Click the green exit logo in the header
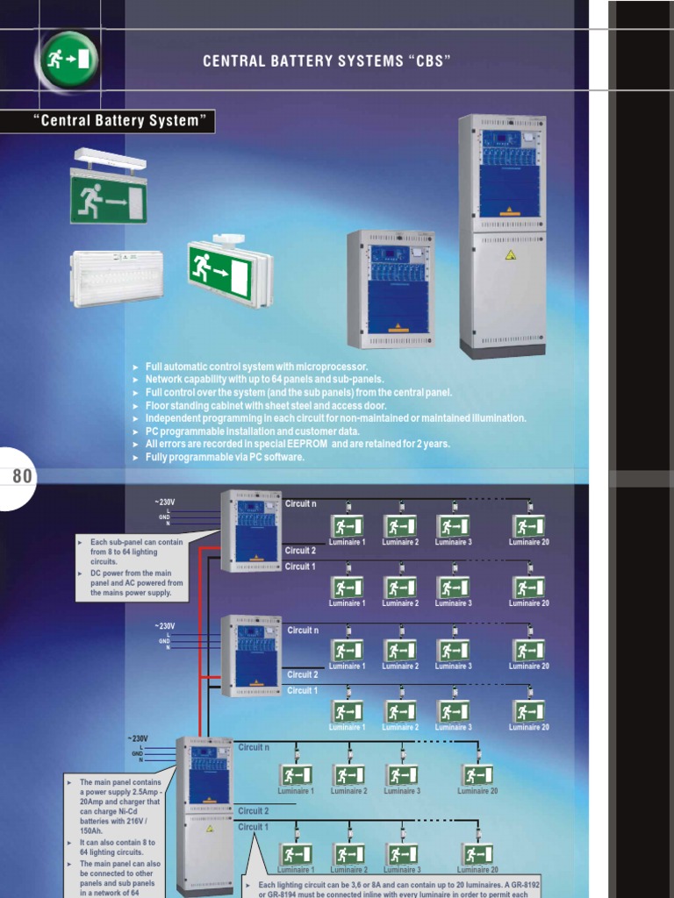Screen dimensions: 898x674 pyautogui.click(x=67, y=61)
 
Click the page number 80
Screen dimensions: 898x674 pyautogui.click(x=22, y=476)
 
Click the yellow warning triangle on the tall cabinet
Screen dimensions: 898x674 pyautogui.click(x=510, y=255)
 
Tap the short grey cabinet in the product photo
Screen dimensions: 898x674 pyautogui.click(x=391, y=289)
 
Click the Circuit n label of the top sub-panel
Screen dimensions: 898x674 pyautogui.click(x=301, y=504)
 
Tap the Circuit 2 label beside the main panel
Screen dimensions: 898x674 pyautogui.click(x=254, y=811)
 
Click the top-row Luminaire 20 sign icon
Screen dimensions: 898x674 pyautogui.click(x=528, y=526)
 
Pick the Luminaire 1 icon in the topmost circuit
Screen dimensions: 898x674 pyautogui.click(x=347, y=526)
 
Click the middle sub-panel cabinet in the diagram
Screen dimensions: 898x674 pyautogui.click(x=252, y=655)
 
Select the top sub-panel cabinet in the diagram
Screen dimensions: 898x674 pyautogui.click(x=252, y=531)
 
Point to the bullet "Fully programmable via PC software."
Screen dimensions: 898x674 pyautogui.click(x=226, y=457)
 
